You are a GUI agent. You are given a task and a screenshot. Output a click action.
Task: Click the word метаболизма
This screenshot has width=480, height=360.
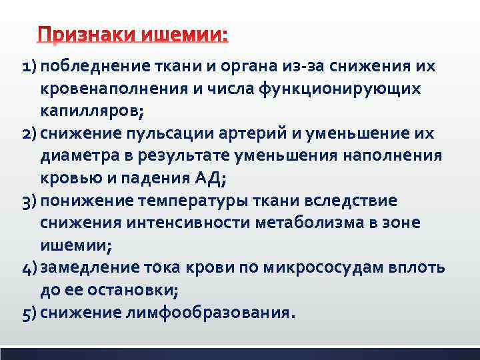[309, 223]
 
